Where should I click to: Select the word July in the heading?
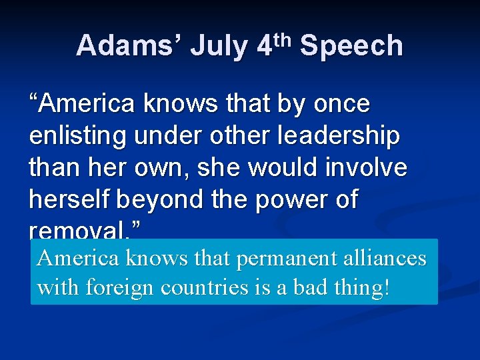(218, 47)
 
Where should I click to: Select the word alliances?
(387, 258)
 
